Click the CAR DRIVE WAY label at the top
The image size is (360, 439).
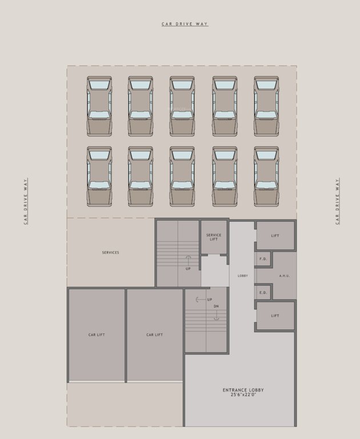[185, 24]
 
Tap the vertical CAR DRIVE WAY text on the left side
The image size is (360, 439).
[26, 201]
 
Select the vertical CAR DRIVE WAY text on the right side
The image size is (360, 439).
[337, 201]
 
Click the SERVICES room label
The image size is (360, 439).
[110, 253]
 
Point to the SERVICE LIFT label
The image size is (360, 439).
[214, 237]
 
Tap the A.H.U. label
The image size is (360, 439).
[285, 276]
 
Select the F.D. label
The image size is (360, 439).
[263, 259]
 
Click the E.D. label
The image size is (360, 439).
[263, 293]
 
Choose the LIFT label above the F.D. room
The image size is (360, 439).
[275, 236]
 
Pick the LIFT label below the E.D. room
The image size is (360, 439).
[275, 316]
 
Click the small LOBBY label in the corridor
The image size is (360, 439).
[242, 276]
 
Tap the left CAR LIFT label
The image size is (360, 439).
[97, 335]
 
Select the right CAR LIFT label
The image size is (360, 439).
[154, 335]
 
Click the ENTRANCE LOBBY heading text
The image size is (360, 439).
[243, 390]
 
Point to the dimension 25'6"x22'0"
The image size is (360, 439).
[243, 395]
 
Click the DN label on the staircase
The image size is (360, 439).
[216, 306]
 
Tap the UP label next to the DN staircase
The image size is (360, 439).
[210, 300]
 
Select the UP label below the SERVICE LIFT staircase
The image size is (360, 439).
[188, 268]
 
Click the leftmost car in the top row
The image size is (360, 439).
[99, 106]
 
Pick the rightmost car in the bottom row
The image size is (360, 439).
[266, 176]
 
